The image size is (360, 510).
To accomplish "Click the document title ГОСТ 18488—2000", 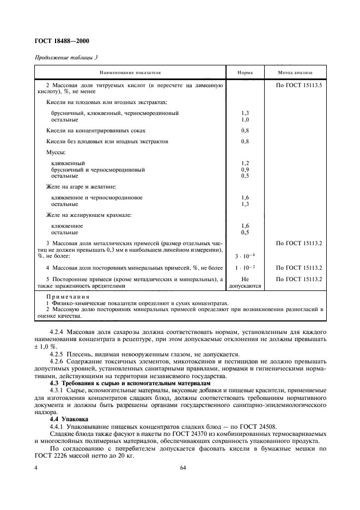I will (x=63, y=41).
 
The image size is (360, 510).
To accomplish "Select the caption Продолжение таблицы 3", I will (x=66, y=58).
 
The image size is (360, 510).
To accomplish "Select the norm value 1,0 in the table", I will (x=245, y=119).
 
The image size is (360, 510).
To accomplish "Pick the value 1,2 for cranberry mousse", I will (x=245, y=163).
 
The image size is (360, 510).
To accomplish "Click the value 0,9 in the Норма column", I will (x=245, y=169).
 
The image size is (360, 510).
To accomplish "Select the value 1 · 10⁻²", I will (x=245, y=268).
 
